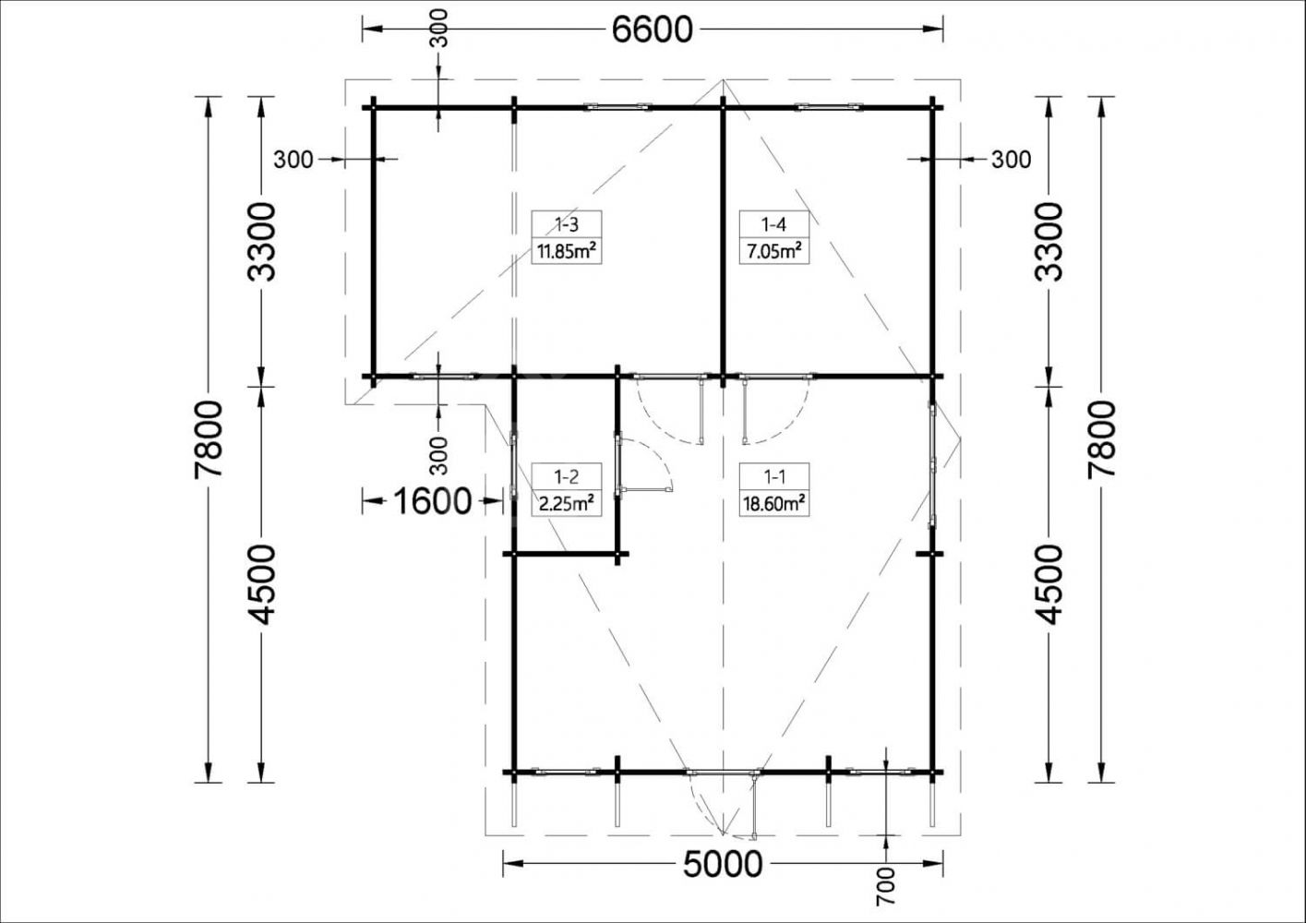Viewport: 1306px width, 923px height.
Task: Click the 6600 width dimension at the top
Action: click(x=652, y=30)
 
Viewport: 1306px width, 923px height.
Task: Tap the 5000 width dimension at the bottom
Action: click(x=723, y=864)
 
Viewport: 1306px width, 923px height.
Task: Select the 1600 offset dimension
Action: click(x=433, y=501)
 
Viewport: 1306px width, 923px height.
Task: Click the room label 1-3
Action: click(x=566, y=224)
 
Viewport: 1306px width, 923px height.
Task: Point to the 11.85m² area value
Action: click(x=566, y=252)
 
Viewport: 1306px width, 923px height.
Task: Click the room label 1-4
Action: click(x=774, y=224)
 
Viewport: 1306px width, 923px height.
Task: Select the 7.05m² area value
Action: click(x=774, y=252)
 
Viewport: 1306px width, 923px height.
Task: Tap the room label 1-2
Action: click(x=566, y=477)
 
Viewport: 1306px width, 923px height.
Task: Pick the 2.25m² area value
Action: click(x=566, y=504)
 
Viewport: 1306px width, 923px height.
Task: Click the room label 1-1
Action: click(x=774, y=477)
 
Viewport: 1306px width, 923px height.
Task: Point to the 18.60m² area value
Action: click(x=774, y=504)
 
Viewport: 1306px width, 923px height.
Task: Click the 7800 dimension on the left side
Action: click(x=209, y=438)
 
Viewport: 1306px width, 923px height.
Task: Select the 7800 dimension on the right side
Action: click(x=1101, y=438)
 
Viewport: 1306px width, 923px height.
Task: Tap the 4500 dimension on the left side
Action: click(x=261, y=584)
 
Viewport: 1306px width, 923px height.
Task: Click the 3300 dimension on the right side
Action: click(x=1049, y=242)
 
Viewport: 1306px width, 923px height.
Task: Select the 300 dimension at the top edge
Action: click(x=439, y=28)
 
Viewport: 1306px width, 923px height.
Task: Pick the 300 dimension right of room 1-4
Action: click(x=1012, y=159)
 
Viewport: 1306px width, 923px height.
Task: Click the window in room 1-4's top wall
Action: click(x=829, y=106)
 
